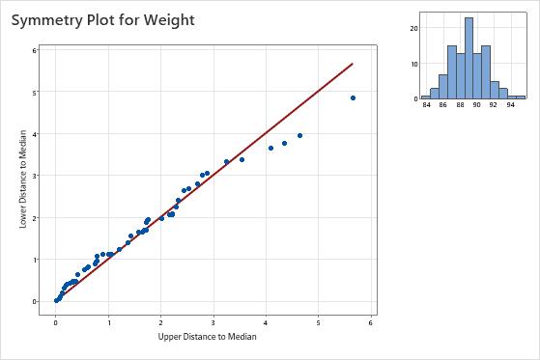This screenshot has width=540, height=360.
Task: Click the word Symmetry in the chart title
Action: pos(58,19)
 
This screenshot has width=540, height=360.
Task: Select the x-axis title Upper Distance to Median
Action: pos(213,337)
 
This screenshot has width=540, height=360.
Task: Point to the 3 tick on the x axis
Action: pos(213,320)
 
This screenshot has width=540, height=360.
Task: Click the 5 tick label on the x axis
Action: pos(319,320)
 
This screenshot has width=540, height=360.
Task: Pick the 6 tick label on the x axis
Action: pos(371,320)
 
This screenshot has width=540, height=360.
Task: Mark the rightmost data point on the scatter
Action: pos(353,97)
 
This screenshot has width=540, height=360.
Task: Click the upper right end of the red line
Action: pos(353,64)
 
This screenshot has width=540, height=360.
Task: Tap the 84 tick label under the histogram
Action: pos(426,105)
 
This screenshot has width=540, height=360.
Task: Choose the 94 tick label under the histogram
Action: pos(511,105)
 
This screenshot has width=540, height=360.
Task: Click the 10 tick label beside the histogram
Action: pos(412,64)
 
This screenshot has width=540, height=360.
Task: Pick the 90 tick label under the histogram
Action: pos(477,105)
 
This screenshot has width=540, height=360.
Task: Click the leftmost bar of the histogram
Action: pos(426,97)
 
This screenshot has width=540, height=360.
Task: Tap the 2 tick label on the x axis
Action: pos(161,320)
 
